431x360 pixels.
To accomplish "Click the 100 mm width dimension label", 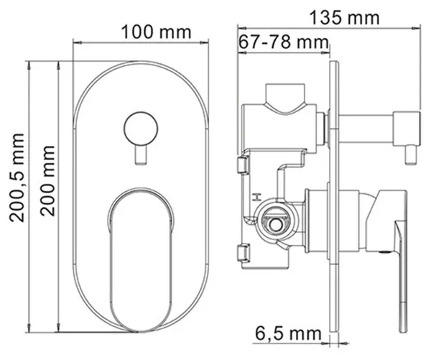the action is [x=156, y=32].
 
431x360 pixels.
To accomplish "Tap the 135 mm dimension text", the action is [x=344, y=18].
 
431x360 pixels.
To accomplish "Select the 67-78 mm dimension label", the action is [x=283, y=42].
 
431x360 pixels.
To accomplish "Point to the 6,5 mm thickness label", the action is [x=288, y=333].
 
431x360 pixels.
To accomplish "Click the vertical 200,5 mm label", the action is [x=17, y=177].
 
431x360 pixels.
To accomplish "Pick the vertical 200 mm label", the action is [x=47, y=180].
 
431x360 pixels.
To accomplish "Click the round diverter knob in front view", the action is [x=141, y=129].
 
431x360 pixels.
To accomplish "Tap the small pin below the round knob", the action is [x=141, y=155].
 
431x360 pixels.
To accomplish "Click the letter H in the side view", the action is [x=256, y=197].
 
